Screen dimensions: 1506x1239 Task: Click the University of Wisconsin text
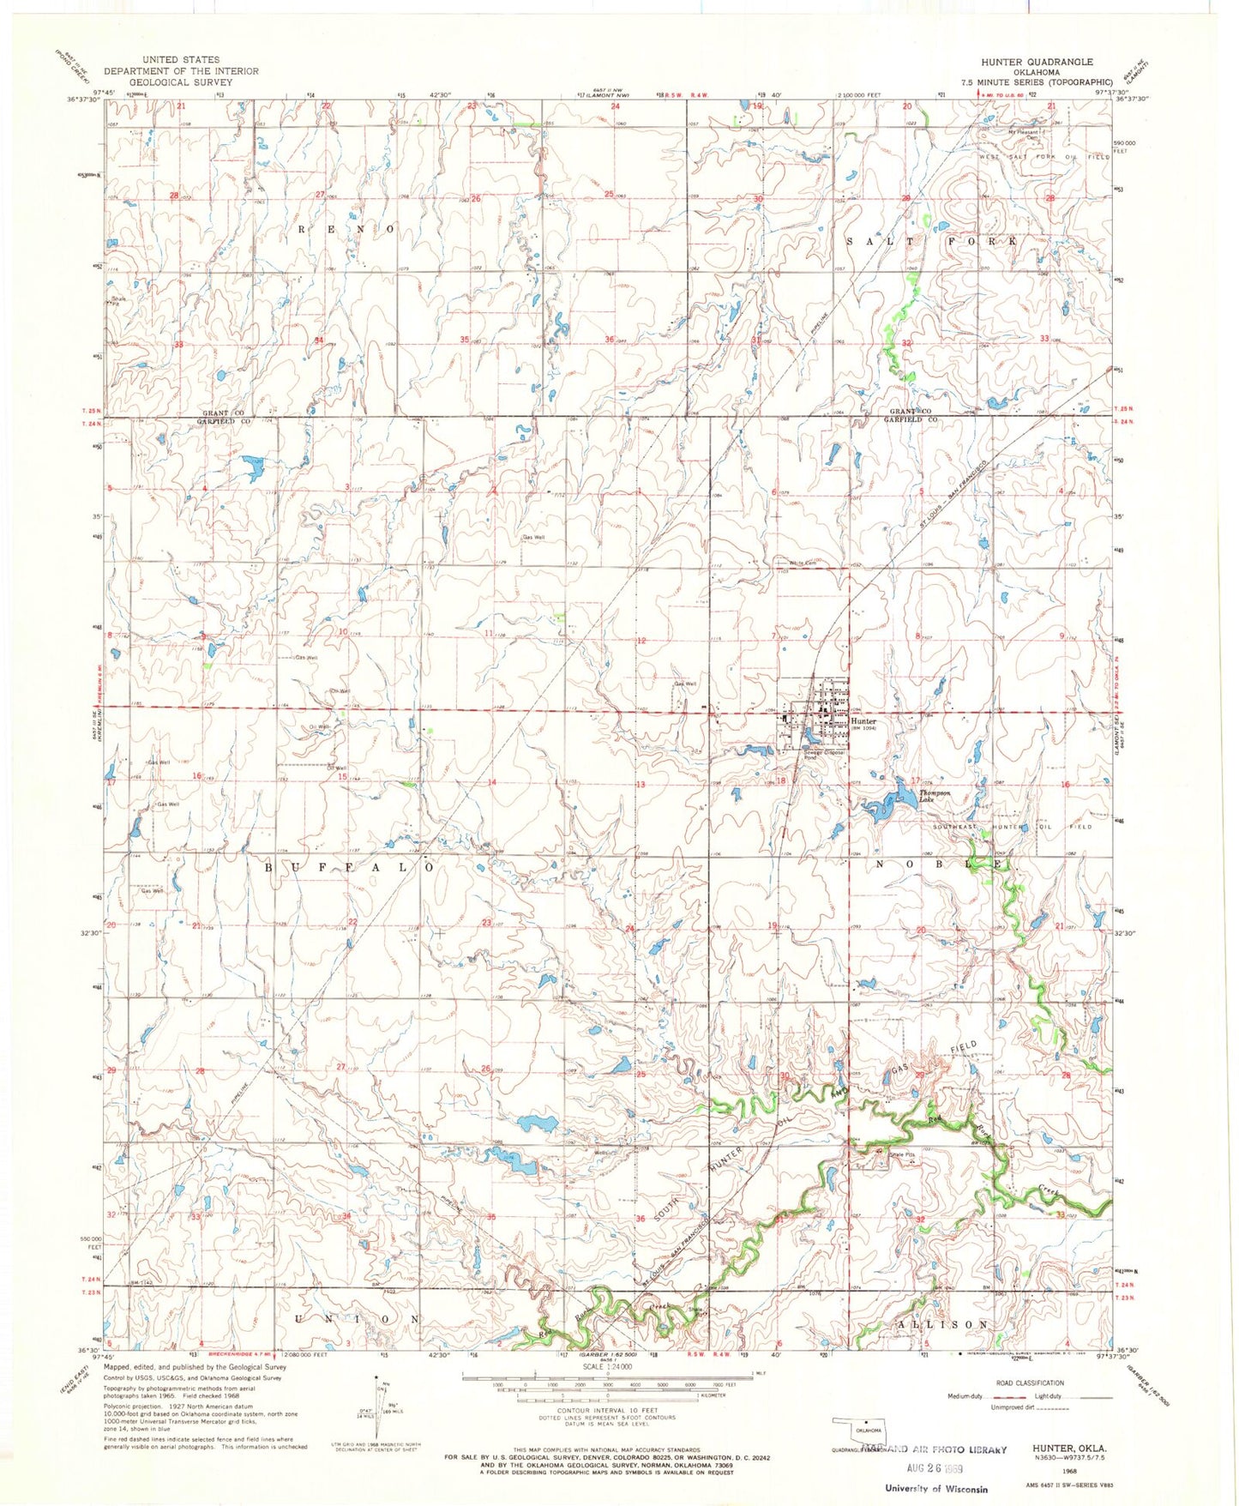click(x=935, y=1490)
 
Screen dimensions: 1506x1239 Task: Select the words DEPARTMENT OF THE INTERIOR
click(x=181, y=72)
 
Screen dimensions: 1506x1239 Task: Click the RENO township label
click(x=347, y=230)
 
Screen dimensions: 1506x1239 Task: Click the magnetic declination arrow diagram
click(x=378, y=1415)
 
